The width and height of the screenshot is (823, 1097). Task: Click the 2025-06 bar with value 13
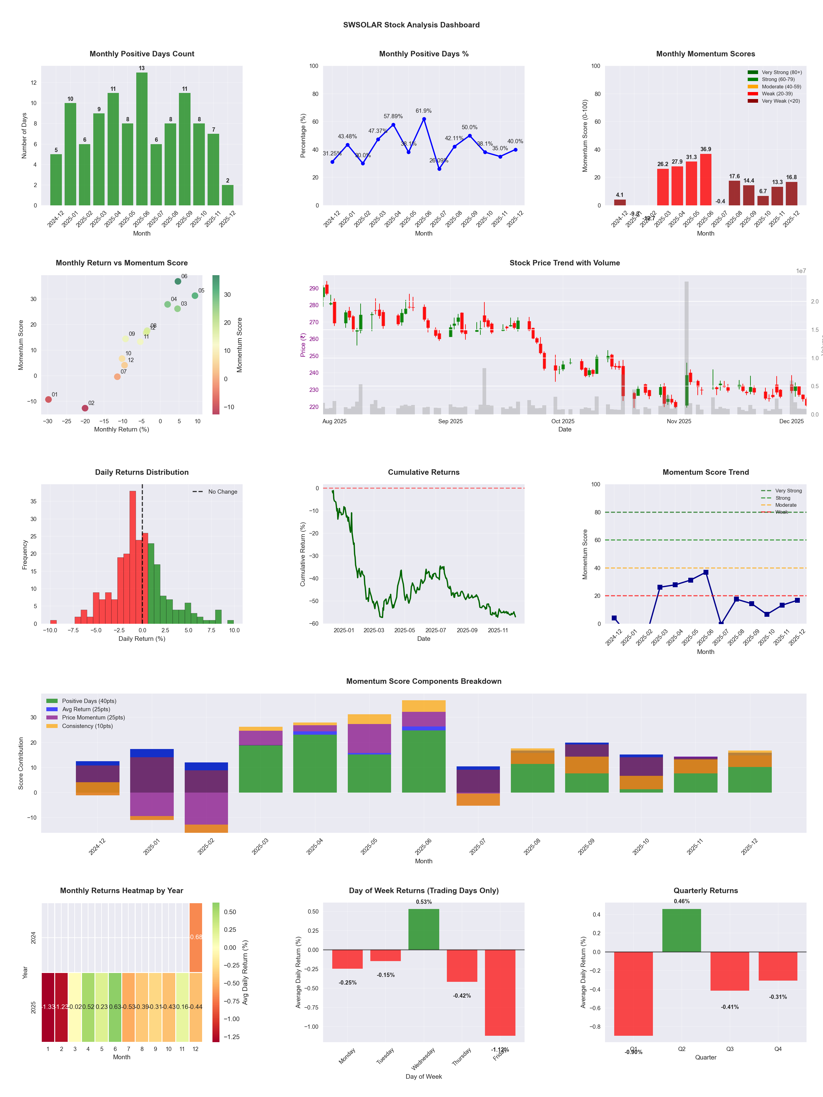[x=142, y=139]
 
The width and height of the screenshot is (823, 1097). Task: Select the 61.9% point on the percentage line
[x=424, y=119]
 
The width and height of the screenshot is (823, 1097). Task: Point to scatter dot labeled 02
[x=85, y=408]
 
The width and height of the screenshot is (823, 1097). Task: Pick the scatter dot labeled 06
[x=178, y=281]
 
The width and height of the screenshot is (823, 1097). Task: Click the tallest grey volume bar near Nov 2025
[x=686, y=347]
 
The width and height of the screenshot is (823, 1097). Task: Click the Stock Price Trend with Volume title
[x=565, y=263]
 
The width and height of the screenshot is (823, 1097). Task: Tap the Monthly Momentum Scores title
[x=705, y=54]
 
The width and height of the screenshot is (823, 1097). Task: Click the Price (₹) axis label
[x=303, y=345]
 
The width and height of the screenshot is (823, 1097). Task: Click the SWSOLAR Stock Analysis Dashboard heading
[x=411, y=25]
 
